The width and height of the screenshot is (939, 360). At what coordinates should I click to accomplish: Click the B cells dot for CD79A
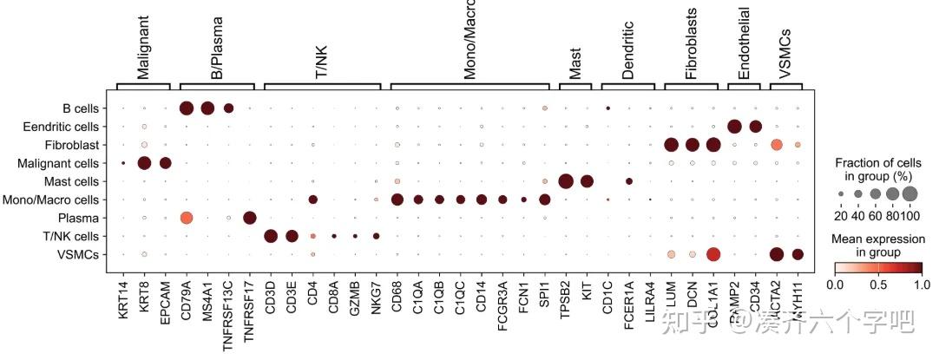click(186, 108)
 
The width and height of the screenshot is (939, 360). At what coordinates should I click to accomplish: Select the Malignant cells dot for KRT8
click(144, 163)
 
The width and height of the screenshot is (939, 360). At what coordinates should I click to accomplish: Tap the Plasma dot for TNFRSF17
click(249, 218)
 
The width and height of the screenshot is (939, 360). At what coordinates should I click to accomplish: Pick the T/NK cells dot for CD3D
click(270, 236)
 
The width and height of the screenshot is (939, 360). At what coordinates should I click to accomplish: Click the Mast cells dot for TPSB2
click(565, 181)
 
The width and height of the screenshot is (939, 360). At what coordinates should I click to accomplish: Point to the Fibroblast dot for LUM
click(670, 144)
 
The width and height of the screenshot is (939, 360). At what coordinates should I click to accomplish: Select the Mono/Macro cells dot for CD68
click(397, 200)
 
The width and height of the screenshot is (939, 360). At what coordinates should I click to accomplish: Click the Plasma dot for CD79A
click(186, 218)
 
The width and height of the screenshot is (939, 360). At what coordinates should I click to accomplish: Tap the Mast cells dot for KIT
click(587, 181)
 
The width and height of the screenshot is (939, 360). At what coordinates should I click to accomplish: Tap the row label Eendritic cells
click(66, 127)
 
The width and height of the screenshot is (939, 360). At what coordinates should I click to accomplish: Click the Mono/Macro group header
click(469, 40)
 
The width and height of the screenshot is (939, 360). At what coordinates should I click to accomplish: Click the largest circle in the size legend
click(909, 193)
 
